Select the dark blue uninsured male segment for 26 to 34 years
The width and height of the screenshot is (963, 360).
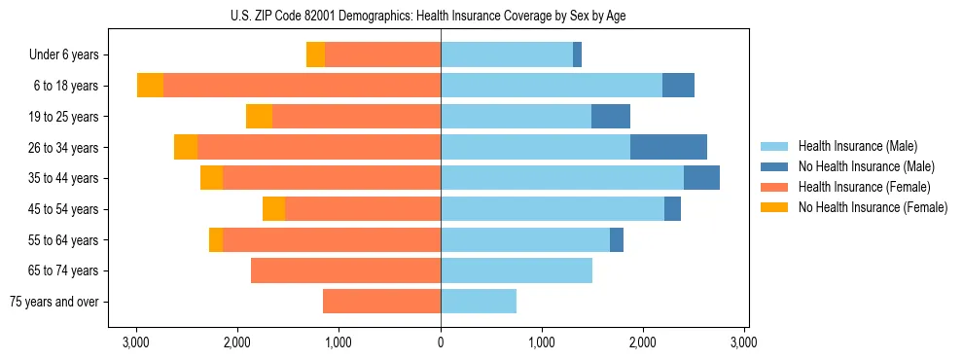(x=668, y=147)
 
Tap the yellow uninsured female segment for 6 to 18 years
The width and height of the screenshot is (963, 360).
(x=150, y=86)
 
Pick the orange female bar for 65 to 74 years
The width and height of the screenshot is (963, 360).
(x=345, y=270)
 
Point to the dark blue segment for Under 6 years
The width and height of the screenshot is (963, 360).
(x=577, y=54)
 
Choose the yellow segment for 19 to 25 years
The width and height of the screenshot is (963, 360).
(x=259, y=116)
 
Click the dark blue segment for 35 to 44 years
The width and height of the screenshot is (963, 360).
(x=701, y=178)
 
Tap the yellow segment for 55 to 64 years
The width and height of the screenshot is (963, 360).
(x=216, y=239)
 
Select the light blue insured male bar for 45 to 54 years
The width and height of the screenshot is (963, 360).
(x=553, y=208)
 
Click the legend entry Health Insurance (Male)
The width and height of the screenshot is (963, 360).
(x=866, y=146)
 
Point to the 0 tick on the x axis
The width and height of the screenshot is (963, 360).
(x=441, y=342)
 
